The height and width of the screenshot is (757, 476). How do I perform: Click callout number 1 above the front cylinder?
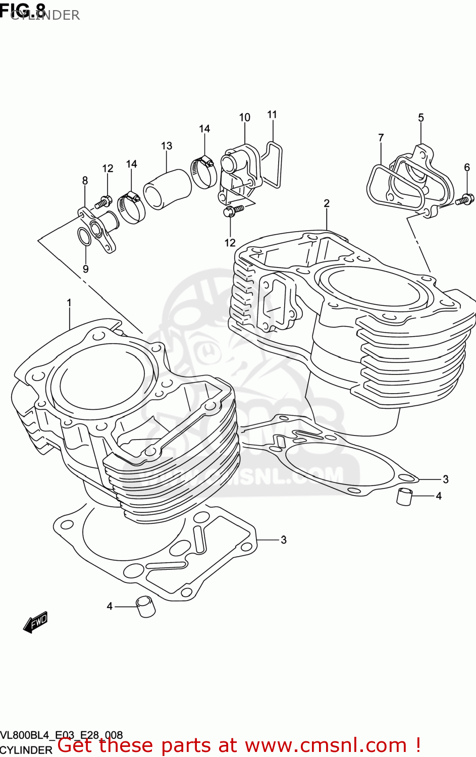coord(69,303)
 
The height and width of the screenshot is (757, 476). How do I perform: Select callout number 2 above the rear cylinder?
coord(327,203)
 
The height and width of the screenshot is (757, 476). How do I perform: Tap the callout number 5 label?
coord(421,118)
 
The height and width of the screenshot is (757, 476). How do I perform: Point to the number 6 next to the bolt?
coord(467,167)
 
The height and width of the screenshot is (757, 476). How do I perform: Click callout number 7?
coord(381,137)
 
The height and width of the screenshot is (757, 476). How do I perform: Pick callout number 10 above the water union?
coord(244,118)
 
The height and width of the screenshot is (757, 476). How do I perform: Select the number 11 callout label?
coord(272,115)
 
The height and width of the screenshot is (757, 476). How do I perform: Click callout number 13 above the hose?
coord(167,146)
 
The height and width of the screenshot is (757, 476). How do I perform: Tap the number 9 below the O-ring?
coord(85,269)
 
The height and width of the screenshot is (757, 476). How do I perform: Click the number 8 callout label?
coord(85,181)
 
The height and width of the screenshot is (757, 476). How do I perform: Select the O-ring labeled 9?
coord(84,236)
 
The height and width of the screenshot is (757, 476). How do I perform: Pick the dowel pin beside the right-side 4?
coord(404,497)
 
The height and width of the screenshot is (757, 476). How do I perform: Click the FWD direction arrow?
coord(35,623)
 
